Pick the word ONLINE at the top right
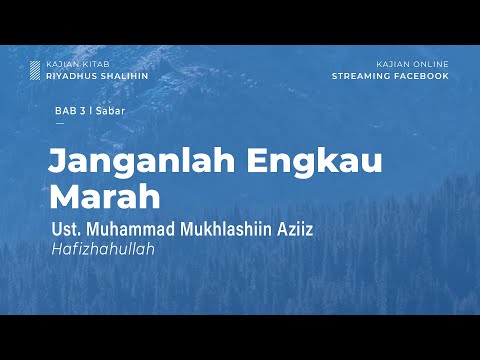(433, 64)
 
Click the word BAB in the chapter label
(64, 111)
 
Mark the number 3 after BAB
(81, 111)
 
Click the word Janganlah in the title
(126, 162)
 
